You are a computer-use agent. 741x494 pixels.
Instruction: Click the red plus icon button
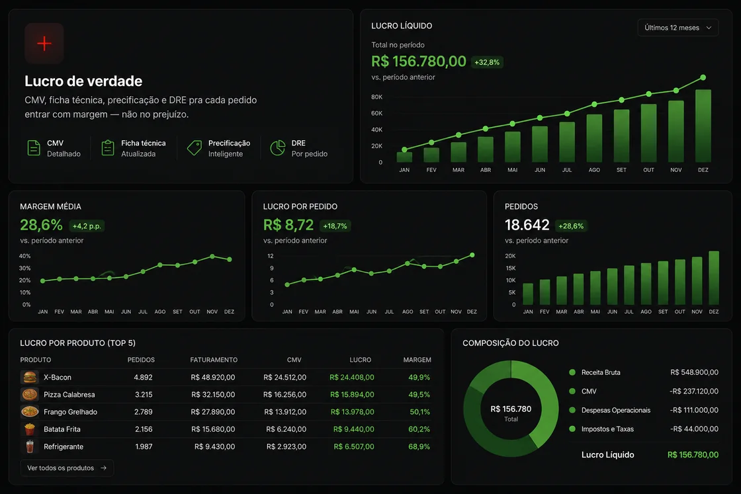pos(44,44)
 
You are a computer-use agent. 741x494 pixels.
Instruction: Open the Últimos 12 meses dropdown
pos(677,28)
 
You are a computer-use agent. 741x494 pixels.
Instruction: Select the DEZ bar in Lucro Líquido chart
pos(703,126)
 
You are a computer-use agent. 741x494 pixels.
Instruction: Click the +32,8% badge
pos(487,62)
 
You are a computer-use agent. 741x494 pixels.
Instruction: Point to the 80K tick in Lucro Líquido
pos(376,97)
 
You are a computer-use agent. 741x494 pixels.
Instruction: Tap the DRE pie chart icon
pos(277,148)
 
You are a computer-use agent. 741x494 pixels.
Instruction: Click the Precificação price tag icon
pos(195,148)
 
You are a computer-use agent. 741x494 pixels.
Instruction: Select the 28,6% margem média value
pos(41,225)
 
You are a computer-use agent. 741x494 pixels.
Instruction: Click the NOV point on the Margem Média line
pos(212,257)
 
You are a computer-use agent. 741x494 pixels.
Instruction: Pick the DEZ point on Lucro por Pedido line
pos(472,255)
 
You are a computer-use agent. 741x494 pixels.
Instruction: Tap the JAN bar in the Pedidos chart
pos(528,294)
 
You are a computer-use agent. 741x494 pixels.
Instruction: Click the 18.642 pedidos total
pos(527,225)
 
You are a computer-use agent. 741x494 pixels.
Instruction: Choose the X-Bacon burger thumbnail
pos(30,378)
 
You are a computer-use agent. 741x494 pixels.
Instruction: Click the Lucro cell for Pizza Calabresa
pos(352,394)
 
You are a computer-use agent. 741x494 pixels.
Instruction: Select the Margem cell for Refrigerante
pos(419,446)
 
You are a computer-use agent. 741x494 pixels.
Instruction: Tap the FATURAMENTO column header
pos(214,360)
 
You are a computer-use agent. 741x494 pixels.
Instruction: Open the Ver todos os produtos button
pos(67,468)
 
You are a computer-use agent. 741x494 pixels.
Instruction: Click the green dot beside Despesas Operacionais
pos(572,410)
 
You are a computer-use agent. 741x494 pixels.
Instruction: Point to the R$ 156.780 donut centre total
pos(511,409)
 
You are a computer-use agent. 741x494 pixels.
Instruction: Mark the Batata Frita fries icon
pos(30,429)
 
